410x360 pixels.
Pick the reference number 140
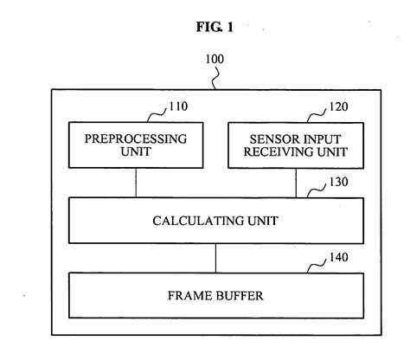(332, 258)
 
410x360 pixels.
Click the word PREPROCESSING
(135, 138)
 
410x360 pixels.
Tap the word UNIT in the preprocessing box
(135, 153)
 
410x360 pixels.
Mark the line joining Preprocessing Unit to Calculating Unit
(135, 183)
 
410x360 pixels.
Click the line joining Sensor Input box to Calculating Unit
(295, 183)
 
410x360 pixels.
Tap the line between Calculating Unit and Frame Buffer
(215, 257)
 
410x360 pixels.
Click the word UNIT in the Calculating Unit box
(255, 220)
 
